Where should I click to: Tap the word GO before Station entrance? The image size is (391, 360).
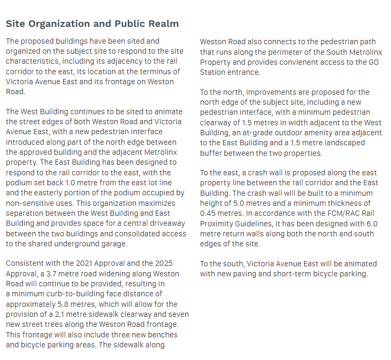pyautogui.click(x=375, y=62)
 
